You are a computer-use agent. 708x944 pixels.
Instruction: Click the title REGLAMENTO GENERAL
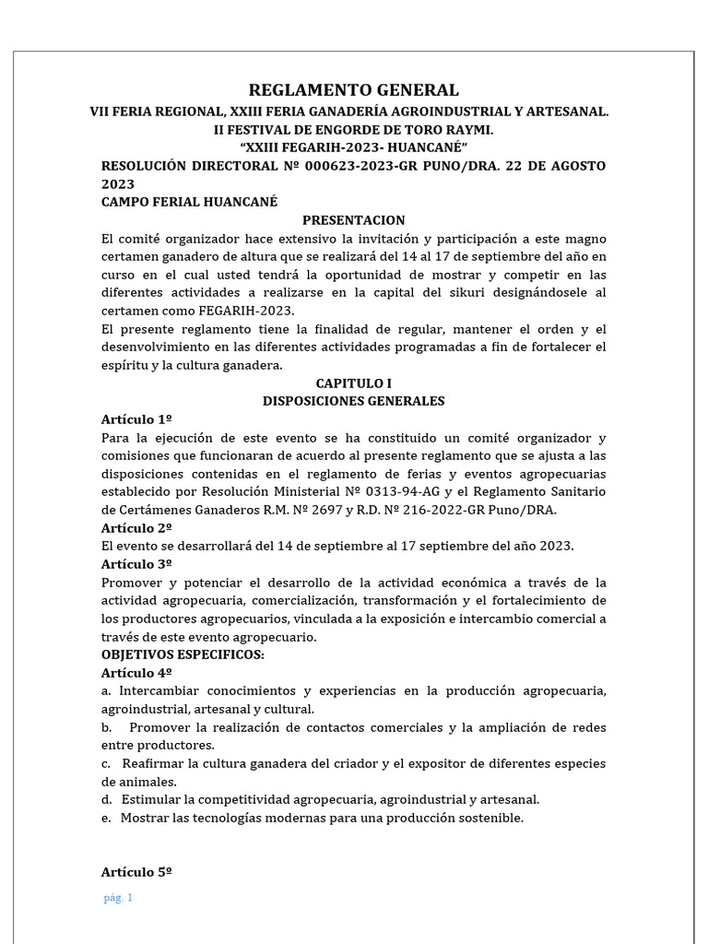pos(354,89)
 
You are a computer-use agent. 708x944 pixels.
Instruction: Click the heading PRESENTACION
pos(354,219)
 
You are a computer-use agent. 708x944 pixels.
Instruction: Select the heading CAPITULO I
pos(354,383)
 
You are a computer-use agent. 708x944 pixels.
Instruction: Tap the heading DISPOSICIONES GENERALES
pos(354,401)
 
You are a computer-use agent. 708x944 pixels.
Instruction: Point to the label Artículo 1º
pos(136,419)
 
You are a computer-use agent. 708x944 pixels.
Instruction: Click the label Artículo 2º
pos(136,528)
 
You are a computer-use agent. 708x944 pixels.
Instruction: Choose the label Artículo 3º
pos(136,564)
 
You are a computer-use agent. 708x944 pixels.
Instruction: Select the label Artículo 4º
pos(136,673)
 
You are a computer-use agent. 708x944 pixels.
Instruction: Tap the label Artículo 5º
pos(136,872)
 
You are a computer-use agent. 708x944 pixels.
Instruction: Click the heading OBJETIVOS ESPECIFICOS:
pos(183,655)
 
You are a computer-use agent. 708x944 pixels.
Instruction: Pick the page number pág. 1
pos(119,899)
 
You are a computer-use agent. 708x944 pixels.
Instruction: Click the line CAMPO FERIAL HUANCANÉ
pos(189,202)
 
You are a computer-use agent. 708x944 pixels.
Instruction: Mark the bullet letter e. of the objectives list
pos(106,818)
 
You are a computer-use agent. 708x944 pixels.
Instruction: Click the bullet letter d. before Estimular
pos(107,799)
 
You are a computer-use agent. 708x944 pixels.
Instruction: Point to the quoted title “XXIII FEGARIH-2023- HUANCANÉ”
pos(354,147)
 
